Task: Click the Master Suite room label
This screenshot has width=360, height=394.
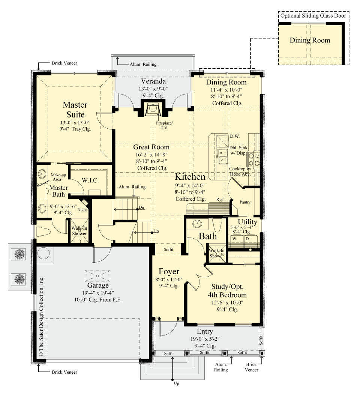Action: (x=75, y=110)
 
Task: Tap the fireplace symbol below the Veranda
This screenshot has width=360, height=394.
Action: (x=152, y=109)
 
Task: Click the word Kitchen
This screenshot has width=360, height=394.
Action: (x=190, y=177)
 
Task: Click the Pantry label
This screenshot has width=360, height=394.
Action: (x=245, y=202)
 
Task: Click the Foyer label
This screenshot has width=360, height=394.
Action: (x=169, y=271)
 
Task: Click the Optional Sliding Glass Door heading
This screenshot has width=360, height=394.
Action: (x=313, y=15)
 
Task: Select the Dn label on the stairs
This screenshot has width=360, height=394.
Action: (x=141, y=207)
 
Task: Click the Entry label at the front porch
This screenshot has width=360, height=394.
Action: (x=205, y=331)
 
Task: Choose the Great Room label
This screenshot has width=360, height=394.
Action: (x=151, y=147)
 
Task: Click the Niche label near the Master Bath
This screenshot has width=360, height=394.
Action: (x=82, y=209)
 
